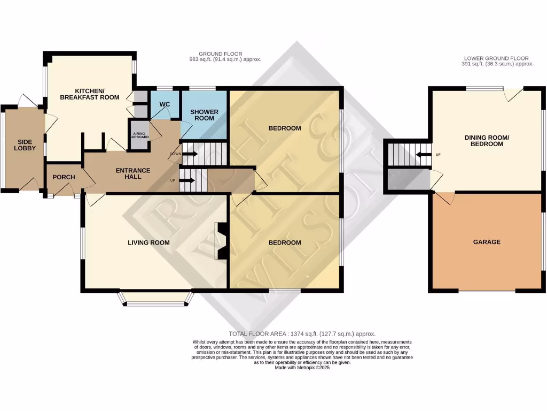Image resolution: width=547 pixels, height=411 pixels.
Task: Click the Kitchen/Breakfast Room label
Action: [89, 94]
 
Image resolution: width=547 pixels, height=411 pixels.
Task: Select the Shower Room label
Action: [205, 115]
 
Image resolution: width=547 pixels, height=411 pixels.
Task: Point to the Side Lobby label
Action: [26, 144]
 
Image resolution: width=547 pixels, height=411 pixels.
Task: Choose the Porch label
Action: [64, 177]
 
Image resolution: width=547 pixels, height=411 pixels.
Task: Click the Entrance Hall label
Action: [133, 173]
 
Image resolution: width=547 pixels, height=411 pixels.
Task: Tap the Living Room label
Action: [149, 242]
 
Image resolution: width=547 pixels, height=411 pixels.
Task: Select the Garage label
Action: [487, 242]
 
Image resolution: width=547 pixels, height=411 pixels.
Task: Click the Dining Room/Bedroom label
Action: [483, 141]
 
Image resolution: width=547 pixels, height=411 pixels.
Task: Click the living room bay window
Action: [155, 303]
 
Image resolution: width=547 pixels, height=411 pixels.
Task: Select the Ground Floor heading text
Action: [220, 54]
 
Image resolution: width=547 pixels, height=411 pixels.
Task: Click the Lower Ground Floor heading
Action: [496, 58]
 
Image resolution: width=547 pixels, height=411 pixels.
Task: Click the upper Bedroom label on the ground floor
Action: [284, 128]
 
